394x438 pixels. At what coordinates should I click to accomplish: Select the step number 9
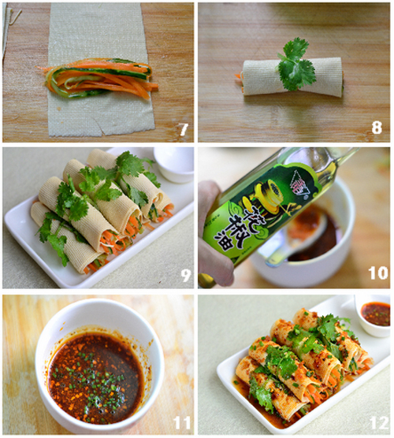184,275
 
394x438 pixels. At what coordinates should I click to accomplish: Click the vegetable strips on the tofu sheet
98,77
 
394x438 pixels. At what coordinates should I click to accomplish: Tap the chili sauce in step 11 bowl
95,366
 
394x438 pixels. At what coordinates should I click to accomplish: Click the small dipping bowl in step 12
375,314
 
